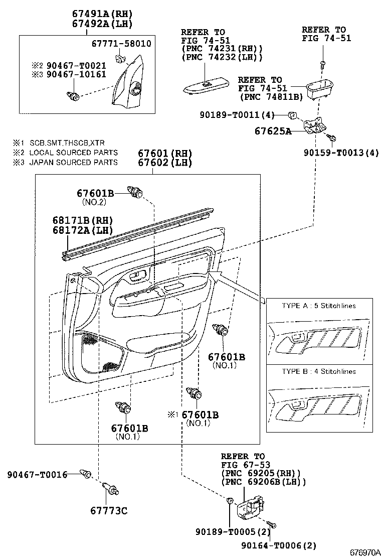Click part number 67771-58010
pyautogui.click(x=121, y=44)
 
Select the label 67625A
pyautogui.click(x=273, y=131)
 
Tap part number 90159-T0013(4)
pyautogui.click(x=341, y=153)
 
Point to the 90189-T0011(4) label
pyautogui.click(x=237, y=114)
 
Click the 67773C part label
pyautogui.click(x=109, y=511)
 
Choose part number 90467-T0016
pyautogui.click(x=37, y=474)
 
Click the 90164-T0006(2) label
pyautogui.click(x=279, y=545)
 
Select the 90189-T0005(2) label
pyautogui.click(x=233, y=532)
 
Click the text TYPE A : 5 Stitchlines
pyautogui.click(x=319, y=306)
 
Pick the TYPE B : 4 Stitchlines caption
pyautogui.click(x=319, y=371)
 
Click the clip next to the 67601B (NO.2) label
pyautogui.click(x=135, y=192)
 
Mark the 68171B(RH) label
pyautogui.click(x=83, y=221)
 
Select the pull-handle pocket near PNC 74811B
pyautogui.click(x=319, y=88)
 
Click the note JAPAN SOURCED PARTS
pyautogui.click(x=73, y=162)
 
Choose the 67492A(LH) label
pyautogui.click(x=102, y=24)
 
